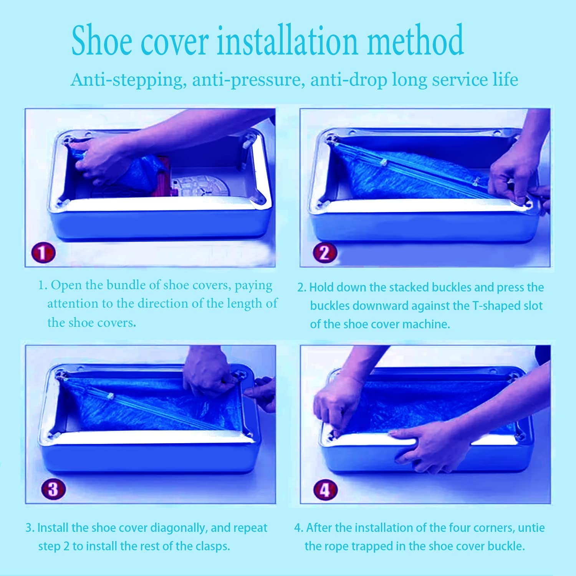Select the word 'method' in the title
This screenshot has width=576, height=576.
(415, 40)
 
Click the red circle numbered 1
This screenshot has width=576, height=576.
(44, 253)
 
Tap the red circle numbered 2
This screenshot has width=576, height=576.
(325, 253)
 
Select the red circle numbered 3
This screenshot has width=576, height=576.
(53, 489)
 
